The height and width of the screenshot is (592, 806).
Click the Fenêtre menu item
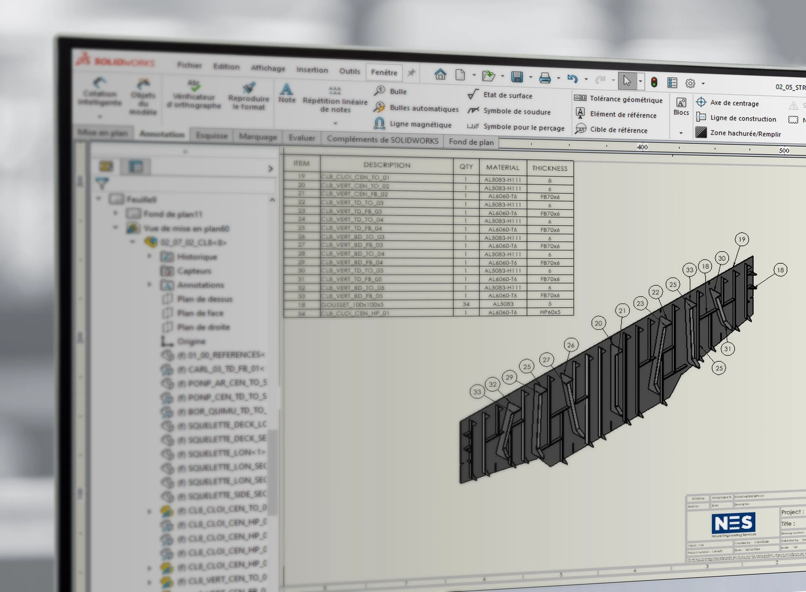[384, 72]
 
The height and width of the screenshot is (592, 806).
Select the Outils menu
[349, 71]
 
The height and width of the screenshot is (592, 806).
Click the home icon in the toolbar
[440, 75]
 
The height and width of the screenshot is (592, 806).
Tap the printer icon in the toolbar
[545, 78]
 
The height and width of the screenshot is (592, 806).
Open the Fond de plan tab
[471, 142]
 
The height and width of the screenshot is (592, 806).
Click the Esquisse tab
[212, 136]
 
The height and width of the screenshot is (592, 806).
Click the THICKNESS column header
[549, 168]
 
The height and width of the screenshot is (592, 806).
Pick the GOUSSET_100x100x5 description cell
[386, 305]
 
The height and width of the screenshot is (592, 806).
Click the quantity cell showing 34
[466, 304]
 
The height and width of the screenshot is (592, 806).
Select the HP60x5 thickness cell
[549, 312]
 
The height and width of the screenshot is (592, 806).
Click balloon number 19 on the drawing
[742, 239]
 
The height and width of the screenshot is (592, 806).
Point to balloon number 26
[571, 345]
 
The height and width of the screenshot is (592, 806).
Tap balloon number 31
[727, 349]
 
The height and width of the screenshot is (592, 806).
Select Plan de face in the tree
[200, 313]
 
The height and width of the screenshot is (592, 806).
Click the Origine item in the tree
[191, 341]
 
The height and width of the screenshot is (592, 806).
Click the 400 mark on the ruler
[642, 147]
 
